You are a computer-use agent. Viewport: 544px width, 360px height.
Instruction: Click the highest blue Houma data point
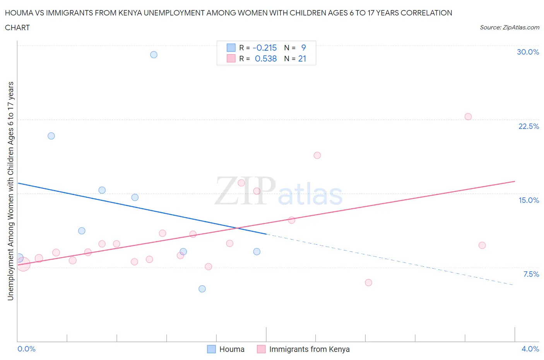coord(154,55)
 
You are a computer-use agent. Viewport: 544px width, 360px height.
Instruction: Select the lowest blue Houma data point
coord(202,289)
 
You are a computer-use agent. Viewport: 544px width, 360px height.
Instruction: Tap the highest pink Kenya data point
coord(468,117)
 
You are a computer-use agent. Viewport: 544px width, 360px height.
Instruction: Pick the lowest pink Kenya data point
coord(368,283)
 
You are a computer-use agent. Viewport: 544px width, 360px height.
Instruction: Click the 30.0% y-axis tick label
coord(528,52)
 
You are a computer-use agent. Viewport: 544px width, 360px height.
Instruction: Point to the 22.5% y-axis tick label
coord(529,126)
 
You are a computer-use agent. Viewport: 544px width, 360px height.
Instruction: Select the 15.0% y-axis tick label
coord(529,200)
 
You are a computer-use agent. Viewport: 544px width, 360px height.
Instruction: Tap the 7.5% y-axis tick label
coord(531,274)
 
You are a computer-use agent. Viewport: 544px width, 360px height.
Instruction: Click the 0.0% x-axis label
coord(26,349)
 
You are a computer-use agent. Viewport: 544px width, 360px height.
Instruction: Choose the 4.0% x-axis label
coord(530,349)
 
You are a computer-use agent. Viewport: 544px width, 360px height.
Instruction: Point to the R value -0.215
coord(265,48)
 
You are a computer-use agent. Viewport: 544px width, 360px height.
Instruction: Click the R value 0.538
coord(266,58)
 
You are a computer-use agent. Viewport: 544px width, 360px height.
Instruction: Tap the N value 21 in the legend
coord(302,58)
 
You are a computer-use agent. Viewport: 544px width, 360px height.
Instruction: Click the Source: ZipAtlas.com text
coord(509,27)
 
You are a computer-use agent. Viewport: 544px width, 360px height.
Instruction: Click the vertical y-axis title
coord(10,191)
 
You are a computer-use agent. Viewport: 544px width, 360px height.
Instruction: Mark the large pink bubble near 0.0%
coord(23,264)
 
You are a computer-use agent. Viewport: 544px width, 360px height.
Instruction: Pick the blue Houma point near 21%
coord(51,136)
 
